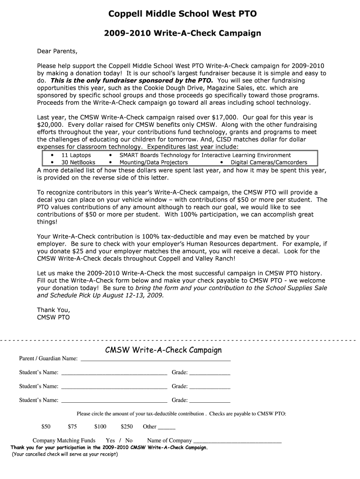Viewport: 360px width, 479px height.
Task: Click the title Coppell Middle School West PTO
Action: (x=182, y=14)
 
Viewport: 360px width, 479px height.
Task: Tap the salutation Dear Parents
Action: (x=57, y=51)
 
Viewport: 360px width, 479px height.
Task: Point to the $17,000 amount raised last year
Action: (x=222, y=117)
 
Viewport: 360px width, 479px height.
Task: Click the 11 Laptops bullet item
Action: (x=76, y=155)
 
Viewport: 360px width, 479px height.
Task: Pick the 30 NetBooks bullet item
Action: (x=78, y=162)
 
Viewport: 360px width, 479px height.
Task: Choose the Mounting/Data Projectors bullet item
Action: (x=153, y=162)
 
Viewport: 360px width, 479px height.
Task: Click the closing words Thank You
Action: (x=53, y=310)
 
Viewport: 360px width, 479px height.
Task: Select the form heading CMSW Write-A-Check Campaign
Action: (x=163, y=350)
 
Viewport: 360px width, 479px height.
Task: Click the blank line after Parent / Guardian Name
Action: (x=156, y=359)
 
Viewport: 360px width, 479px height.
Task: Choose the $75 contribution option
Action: (x=72, y=427)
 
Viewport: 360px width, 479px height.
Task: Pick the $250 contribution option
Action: (x=127, y=427)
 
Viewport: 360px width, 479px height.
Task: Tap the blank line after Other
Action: (x=167, y=427)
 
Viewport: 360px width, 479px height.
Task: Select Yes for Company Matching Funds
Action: (x=110, y=441)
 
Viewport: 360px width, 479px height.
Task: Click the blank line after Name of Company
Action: (x=237, y=441)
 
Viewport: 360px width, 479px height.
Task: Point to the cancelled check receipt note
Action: (x=65, y=454)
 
